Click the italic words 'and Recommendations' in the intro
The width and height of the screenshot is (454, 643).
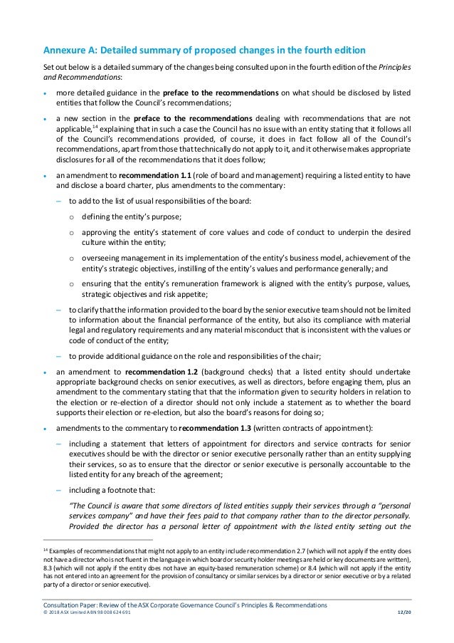coord(73,77)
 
